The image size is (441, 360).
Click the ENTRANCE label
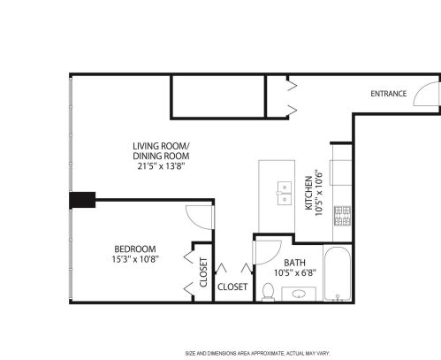click(x=388, y=94)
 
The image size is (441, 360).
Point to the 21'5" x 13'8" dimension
click(x=159, y=165)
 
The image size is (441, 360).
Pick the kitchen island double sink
click(x=285, y=193)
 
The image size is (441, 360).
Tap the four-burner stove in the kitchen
click(x=340, y=214)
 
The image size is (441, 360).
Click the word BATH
click(x=294, y=263)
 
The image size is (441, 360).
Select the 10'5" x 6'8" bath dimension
click(x=294, y=274)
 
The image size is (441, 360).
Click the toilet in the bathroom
click(x=267, y=289)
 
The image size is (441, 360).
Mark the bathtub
click(x=337, y=275)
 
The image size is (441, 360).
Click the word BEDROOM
click(x=135, y=249)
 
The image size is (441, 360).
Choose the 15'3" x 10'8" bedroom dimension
click(x=135, y=260)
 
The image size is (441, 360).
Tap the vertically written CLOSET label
click(x=203, y=273)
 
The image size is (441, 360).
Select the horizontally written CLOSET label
click(x=232, y=287)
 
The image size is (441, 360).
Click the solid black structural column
click(x=83, y=200)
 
